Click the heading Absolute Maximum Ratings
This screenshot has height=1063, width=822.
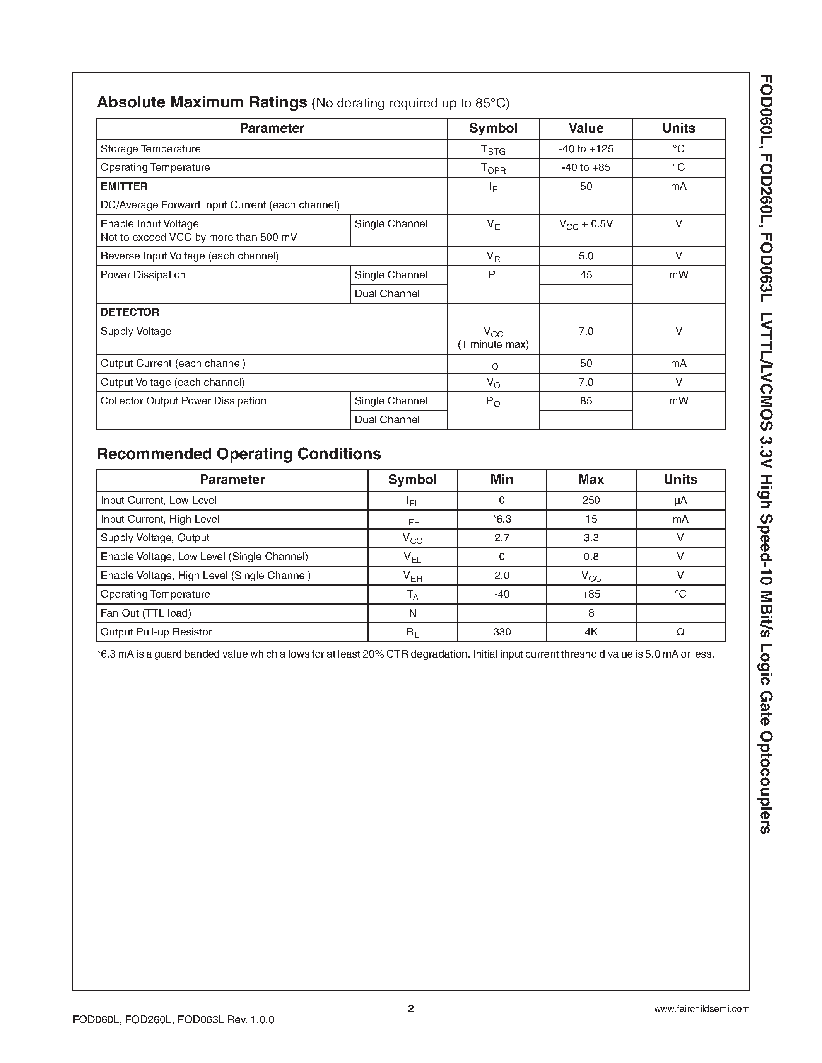point(202,102)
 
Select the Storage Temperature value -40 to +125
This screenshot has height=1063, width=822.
point(586,149)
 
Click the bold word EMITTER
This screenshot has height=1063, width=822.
point(124,186)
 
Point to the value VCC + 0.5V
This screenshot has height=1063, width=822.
point(586,224)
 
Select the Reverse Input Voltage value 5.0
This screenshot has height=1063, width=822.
point(586,256)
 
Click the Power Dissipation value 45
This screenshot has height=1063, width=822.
point(586,275)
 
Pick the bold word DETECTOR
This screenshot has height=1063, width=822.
point(130,312)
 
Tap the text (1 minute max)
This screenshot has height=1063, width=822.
point(493,344)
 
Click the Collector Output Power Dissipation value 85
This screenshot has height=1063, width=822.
point(586,401)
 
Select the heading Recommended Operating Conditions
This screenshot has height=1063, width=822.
point(239,454)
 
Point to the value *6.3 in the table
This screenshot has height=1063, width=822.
point(502,520)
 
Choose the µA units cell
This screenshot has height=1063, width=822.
point(680,500)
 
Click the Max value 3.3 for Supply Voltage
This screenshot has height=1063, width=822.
point(591,538)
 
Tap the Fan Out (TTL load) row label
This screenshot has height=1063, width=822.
point(145,613)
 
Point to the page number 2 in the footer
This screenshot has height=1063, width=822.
point(410,1008)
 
